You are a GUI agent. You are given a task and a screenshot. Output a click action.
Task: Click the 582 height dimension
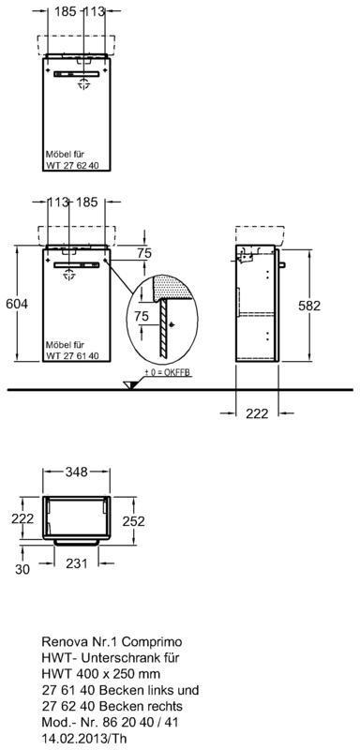point(309,306)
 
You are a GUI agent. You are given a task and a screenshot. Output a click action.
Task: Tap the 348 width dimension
point(77,472)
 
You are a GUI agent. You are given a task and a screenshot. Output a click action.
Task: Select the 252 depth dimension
point(133,521)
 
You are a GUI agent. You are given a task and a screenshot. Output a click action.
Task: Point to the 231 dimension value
point(77,563)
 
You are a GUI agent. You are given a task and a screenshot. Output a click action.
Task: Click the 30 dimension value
point(22,569)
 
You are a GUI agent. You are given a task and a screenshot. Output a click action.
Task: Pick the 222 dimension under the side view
point(257,413)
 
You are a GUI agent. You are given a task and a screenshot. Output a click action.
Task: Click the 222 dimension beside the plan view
point(22,517)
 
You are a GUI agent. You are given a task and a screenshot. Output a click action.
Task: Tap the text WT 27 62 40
point(72,166)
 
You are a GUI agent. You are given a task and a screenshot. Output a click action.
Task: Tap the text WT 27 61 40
point(72,355)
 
